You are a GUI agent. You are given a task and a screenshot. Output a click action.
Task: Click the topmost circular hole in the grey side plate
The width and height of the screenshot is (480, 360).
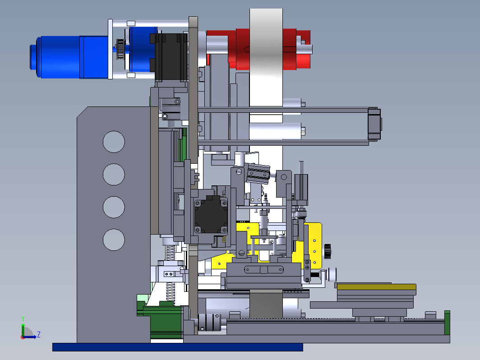pos(114,142)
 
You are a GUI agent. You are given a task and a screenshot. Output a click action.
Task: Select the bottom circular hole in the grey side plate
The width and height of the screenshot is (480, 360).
pos(114,240)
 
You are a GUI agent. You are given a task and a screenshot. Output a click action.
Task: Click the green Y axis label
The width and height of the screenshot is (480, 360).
pos(23,319)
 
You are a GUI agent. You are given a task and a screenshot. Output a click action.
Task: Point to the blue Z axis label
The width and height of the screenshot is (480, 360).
pos(39,334)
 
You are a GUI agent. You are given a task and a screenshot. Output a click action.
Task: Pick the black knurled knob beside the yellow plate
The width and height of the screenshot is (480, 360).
pos(328,251)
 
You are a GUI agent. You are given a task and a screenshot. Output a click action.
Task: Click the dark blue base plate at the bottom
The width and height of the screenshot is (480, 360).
pos(178,347)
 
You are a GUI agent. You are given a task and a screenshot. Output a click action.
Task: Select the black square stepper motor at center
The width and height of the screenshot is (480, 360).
pos(211,216)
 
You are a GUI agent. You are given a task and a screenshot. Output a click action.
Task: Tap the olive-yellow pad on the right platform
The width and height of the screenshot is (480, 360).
pos(377,287)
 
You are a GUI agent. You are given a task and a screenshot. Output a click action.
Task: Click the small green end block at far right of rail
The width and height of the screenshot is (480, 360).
pos(447,323)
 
